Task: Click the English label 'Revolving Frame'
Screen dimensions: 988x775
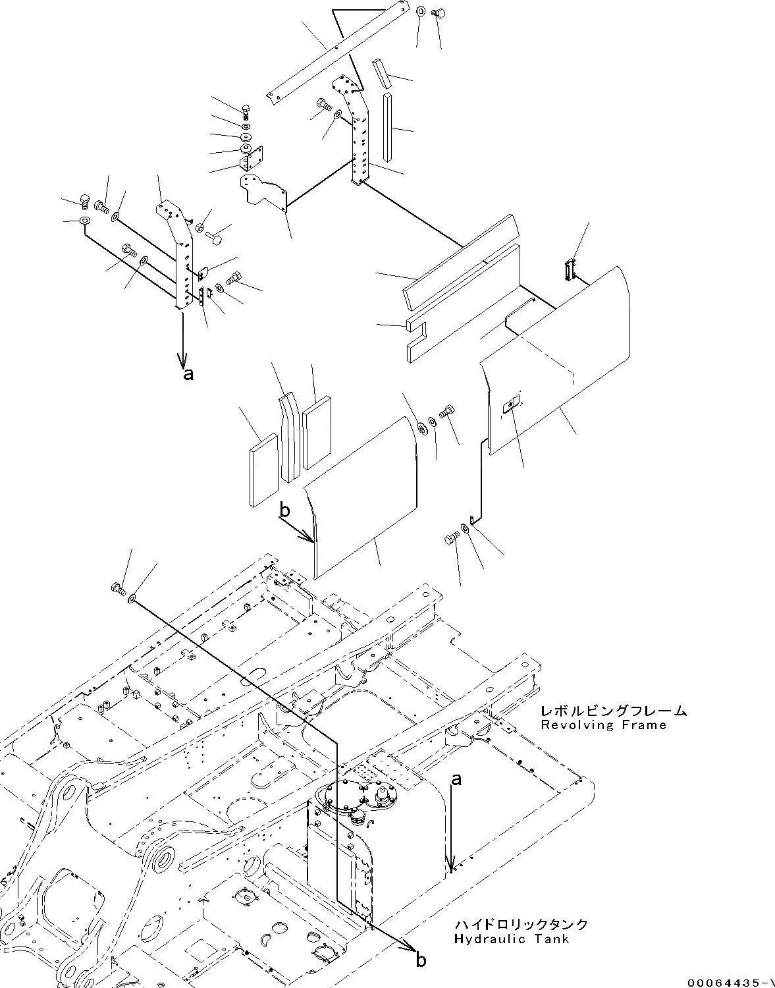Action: tap(603, 725)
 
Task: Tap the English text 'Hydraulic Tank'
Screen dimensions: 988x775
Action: tap(512, 939)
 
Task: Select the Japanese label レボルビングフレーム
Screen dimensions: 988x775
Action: tap(613, 711)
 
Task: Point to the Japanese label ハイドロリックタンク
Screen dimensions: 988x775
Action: tap(521, 924)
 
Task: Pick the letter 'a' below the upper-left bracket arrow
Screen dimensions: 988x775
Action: tap(188, 375)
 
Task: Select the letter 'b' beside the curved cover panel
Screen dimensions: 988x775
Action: tap(284, 509)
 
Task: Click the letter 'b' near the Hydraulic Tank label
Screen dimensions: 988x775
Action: tap(420, 960)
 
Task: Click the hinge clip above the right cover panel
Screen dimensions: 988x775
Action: tap(570, 269)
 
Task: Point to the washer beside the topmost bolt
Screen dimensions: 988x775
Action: tap(420, 11)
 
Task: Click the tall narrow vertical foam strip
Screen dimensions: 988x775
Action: tap(388, 127)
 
